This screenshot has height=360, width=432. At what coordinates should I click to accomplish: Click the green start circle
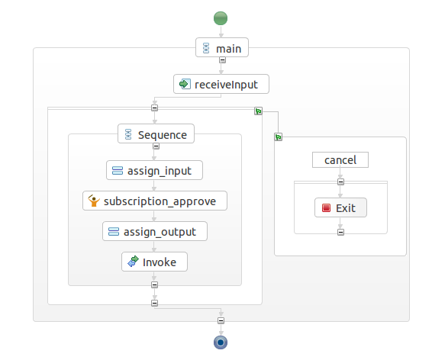coord(221,18)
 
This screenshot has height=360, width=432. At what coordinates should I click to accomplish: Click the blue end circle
coord(221,342)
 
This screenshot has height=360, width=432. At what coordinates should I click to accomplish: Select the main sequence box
coord(222,47)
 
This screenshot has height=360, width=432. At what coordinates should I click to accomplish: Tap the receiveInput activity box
coord(221,84)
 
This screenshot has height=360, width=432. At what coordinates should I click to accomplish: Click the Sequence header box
coord(156,133)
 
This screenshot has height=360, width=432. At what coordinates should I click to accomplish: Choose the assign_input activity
coord(155,170)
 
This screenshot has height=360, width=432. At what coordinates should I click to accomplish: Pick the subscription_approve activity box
coord(155,201)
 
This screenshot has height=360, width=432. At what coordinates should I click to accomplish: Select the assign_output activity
coord(155,231)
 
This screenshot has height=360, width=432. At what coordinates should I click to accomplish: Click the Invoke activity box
coord(155,262)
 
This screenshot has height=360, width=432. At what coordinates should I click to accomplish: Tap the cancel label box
coord(340,160)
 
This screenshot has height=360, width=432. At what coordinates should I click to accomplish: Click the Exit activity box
coord(341,207)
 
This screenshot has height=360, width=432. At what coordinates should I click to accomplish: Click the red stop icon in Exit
coord(326,207)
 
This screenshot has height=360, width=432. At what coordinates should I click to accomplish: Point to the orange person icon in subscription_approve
coord(94,201)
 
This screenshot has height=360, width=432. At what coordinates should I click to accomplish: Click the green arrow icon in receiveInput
coord(185,84)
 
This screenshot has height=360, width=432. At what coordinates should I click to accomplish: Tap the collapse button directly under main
coord(222,60)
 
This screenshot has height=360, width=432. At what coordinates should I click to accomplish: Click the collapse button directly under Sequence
coord(156,146)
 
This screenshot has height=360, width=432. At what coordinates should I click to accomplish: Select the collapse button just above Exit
coord(341,182)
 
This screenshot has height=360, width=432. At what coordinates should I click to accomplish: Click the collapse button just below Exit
coord(341,233)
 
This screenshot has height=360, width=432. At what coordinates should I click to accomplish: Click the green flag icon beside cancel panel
coord(279,137)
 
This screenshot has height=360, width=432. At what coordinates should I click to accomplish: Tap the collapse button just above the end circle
coord(221,320)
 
